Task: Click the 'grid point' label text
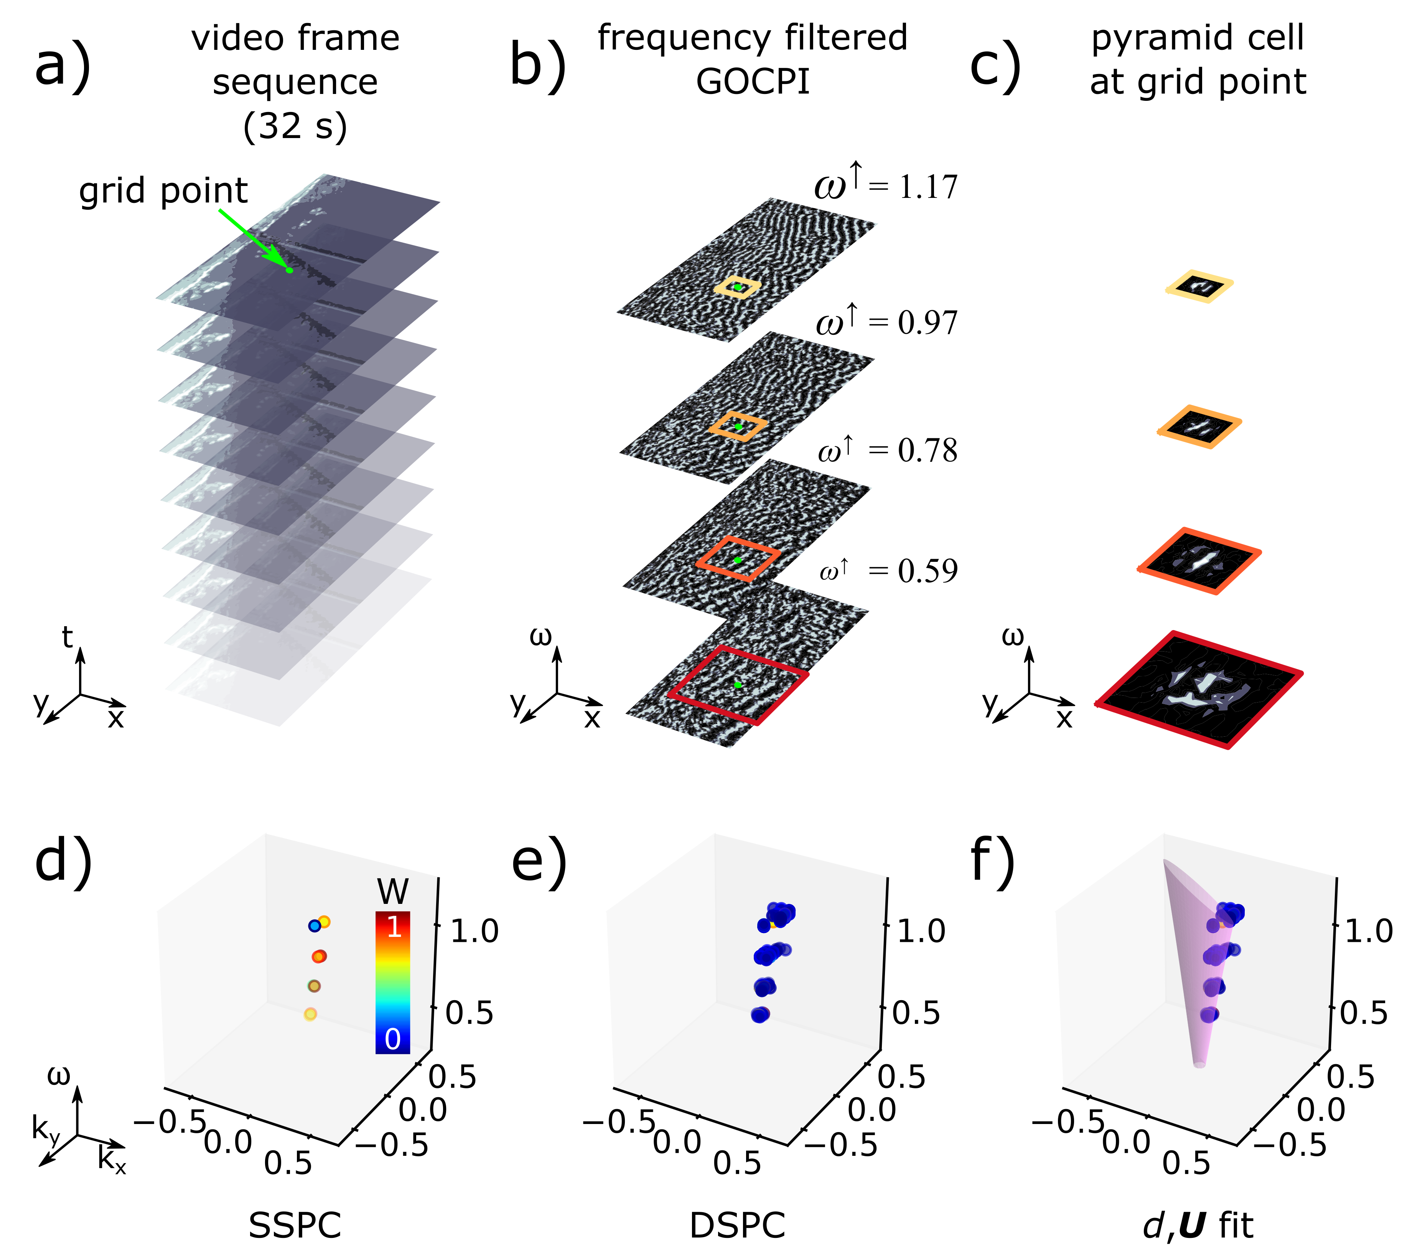(163, 191)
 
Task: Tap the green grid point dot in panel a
(289, 270)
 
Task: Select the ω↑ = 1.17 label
(886, 185)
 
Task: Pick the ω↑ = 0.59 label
(889, 571)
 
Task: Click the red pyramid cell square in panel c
(1198, 689)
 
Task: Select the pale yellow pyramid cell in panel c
(1199, 286)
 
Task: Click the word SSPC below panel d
(295, 1225)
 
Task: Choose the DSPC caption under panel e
(737, 1225)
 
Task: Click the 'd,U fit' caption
(1198, 1225)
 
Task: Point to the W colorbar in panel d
(392, 982)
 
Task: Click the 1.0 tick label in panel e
(921, 931)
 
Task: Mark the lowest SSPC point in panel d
(310, 1014)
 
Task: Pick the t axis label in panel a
(67, 637)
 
